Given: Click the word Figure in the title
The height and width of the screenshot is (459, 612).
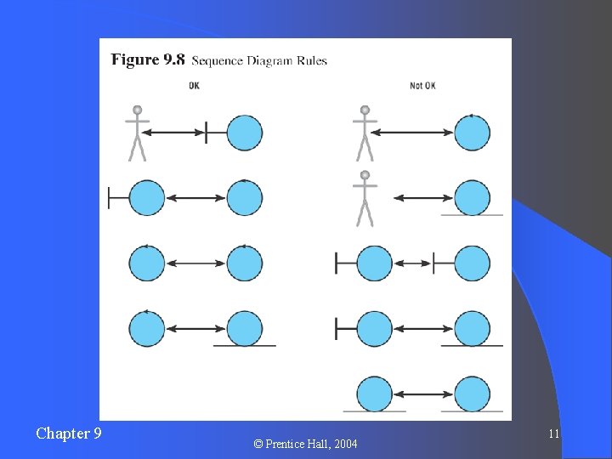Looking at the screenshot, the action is [x=134, y=59].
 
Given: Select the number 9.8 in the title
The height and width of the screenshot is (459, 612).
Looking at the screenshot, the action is [x=173, y=59].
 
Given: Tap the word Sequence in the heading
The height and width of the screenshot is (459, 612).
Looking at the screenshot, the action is [x=218, y=61].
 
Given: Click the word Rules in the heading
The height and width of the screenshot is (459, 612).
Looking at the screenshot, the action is [x=311, y=61].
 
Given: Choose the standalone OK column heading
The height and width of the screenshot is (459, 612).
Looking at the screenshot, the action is [x=194, y=85].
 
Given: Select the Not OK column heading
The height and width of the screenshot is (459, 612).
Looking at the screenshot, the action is [x=422, y=85].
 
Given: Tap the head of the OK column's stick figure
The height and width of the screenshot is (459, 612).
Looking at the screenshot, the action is [x=137, y=110].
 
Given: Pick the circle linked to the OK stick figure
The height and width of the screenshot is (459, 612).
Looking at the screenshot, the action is [x=245, y=133].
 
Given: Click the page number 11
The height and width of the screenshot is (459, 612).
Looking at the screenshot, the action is [x=553, y=434].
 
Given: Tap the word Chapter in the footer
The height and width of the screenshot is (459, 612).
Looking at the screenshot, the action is [x=62, y=433].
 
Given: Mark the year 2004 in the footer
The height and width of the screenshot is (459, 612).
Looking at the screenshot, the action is [x=346, y=444].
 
